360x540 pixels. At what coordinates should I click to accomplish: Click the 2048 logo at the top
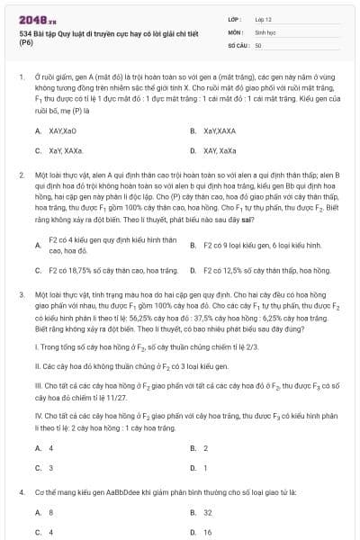[31, 20]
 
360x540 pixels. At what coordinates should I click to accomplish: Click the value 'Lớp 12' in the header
[264, 19]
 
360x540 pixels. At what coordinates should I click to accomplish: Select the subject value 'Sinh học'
[265, 31]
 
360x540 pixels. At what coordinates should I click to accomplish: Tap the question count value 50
[258, 44]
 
